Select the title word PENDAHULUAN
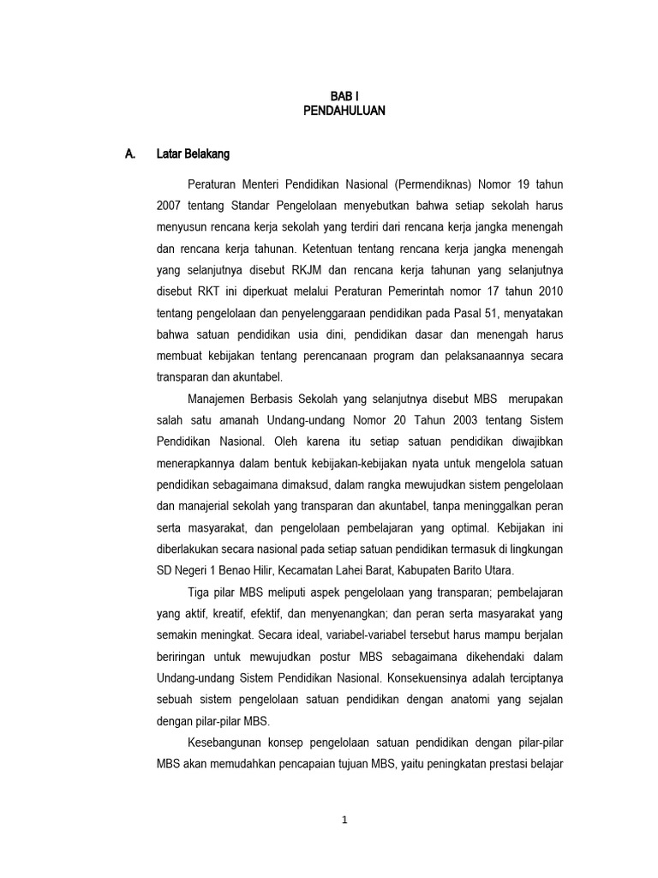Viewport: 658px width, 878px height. tap(344, 111)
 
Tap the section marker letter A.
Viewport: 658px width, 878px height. tap(130, 154)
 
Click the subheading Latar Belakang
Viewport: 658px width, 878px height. tap(193, 154)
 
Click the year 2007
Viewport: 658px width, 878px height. tap(170, 207)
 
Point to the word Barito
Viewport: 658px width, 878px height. tap(484, 570)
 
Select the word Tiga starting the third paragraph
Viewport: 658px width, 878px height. tap(199, 592)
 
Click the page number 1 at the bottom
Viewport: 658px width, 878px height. tap(345, 820)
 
